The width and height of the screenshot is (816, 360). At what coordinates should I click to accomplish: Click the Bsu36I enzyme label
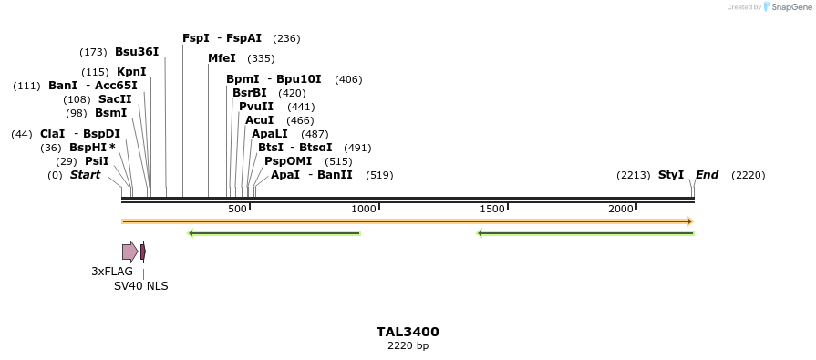pos(137,52)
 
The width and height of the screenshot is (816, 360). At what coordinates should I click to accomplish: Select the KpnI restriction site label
pos(131,72)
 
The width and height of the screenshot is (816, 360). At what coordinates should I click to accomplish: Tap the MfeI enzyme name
pos(222,58)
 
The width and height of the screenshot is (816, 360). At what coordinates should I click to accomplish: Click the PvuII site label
pos(256,107)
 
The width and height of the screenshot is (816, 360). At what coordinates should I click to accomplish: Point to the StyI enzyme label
pos(671,175)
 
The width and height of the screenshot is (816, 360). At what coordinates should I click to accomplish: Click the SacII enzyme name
pos(115,99)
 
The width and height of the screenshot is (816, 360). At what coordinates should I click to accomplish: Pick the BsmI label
pos(110,113)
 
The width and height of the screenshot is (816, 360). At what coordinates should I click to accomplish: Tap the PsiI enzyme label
pos(97,161)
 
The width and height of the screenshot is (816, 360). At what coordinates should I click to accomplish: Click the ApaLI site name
pos(271,134)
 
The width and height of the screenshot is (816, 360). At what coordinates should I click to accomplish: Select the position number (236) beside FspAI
pos(286,38)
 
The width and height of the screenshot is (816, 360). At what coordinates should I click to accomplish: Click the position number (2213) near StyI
pos(633,175)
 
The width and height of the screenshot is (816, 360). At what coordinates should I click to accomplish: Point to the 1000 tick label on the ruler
pos(364,210)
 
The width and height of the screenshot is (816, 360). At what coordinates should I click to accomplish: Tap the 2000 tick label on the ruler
pos(621,210)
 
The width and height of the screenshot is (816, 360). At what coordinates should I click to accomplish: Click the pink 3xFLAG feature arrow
pos(129,252)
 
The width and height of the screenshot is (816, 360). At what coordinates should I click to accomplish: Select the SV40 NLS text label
pos(140,286)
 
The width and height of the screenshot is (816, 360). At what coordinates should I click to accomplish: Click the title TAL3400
pos(408,332)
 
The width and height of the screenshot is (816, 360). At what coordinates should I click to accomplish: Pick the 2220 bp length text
pos(408,345)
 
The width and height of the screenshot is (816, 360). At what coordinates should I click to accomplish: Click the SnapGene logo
pos(786,7)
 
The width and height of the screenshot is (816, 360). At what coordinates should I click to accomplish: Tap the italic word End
pos(708,175)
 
